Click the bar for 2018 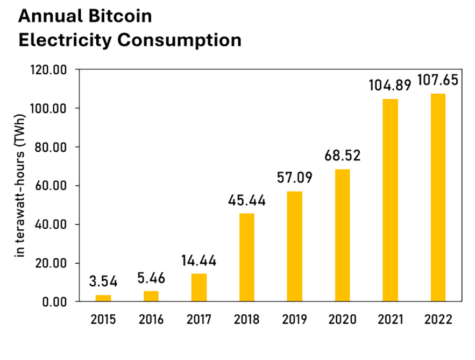click(x=246, y=257)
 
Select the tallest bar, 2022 click(x=438, y=197)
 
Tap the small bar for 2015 click(x=103, y=298)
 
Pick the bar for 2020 click(x=342, y=235)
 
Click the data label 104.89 click(x=390, y=86)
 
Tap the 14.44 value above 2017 click(x=198, y=260)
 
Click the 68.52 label click(x=342, y=156)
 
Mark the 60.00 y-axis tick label click(x=53, y=186)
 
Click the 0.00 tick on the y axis click(x=56, y=302)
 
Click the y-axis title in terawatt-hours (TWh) click(x=21, y=186)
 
